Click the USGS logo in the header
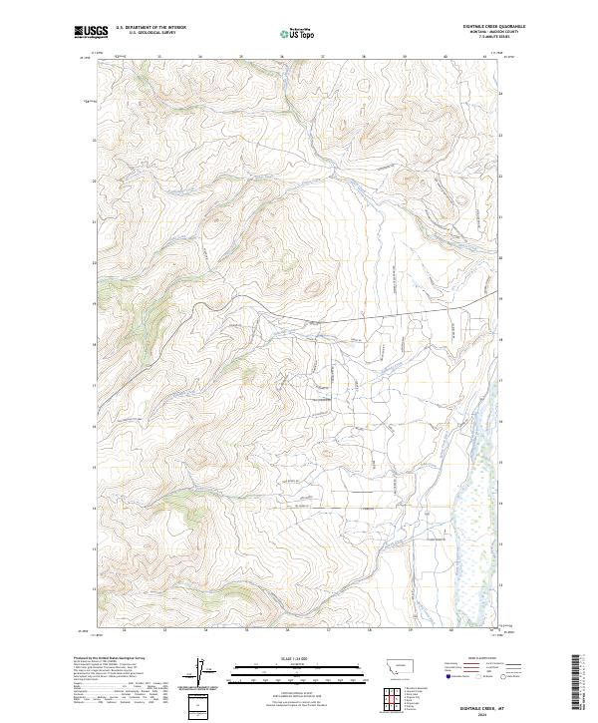pyautogui.click(x=91, y=32)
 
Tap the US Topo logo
pyautogui.click(x=298, y=33)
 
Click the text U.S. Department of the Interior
pyautogui.click(x=150, y=28)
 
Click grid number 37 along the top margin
pyautogui.click(x=325, y=56)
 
